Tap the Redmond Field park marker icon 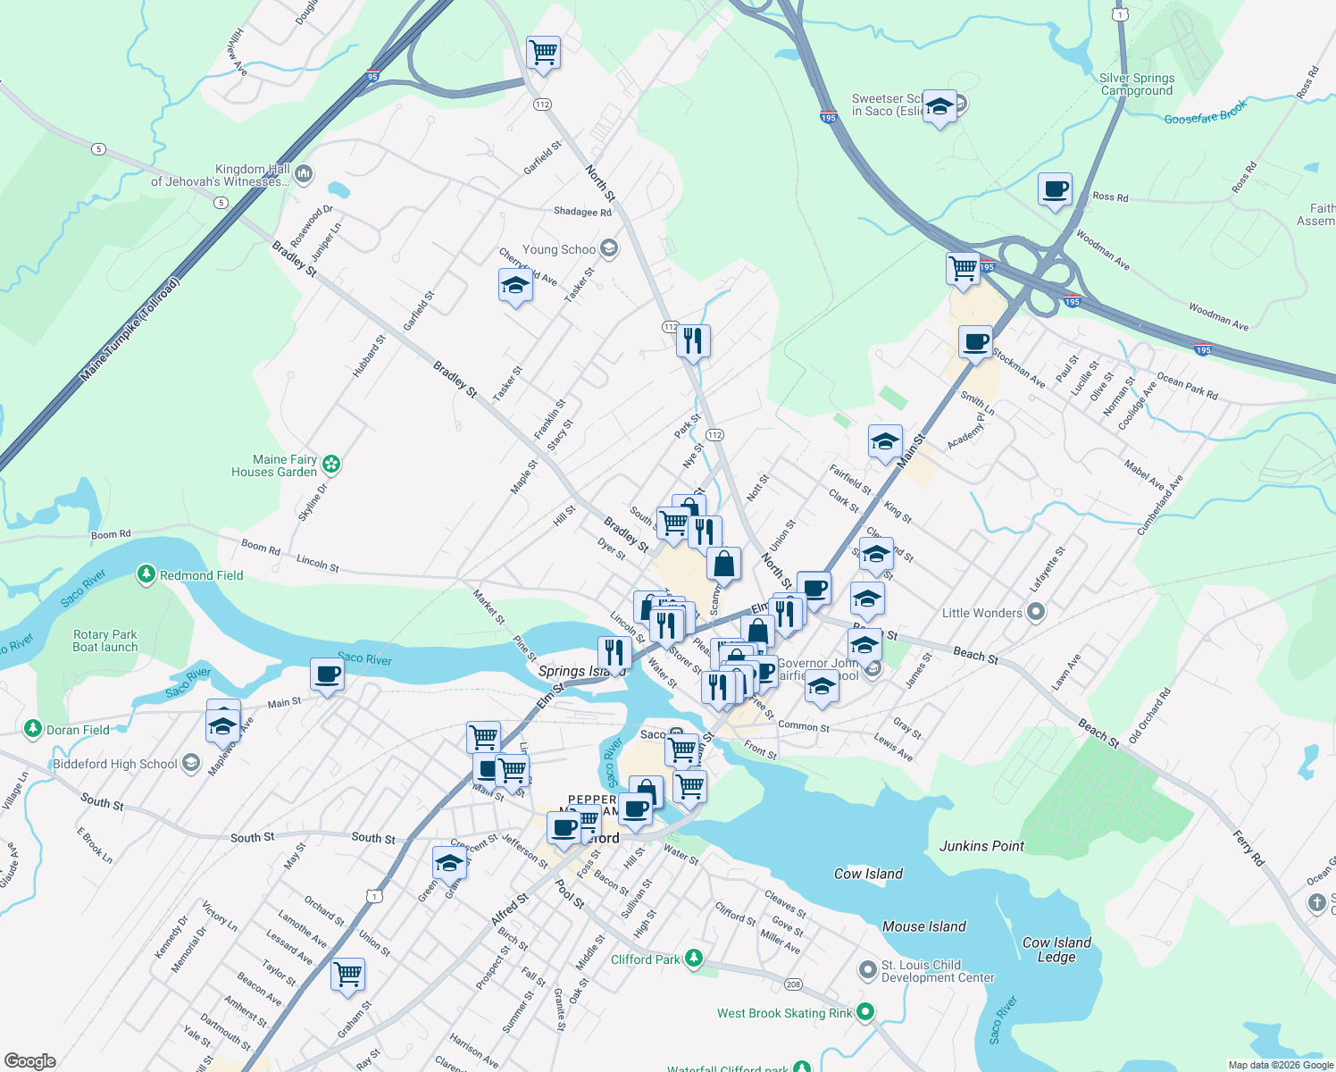[146, 574]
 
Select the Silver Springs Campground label [1137, 84]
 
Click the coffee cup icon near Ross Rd [1055, 189]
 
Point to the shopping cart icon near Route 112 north [543, 52]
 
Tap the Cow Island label [868, 874]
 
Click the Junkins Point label [981, 846]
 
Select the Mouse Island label [923, 926]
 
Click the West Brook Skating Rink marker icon [864, 1012]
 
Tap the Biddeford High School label [115, 764]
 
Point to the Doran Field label [78, 730]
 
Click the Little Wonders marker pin [1036, 612]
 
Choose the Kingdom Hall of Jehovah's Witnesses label [220, 175]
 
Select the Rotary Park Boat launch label [105, 641]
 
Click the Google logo [29, 1060]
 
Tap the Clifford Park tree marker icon [694, 959]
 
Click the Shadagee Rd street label [582, 212]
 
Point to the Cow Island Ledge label [1056, 950]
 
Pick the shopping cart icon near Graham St [347, 973]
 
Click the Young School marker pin [609, 248]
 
